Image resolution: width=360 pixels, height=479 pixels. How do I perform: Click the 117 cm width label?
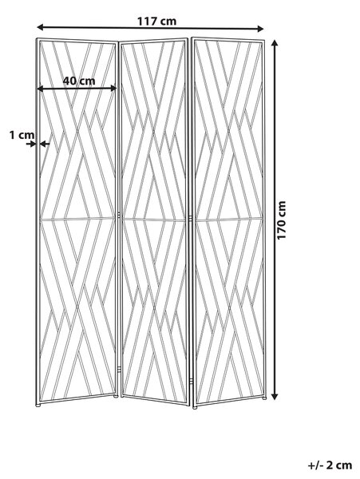[x=156, y=21]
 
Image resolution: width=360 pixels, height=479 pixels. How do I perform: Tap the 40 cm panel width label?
[x=79, y=81]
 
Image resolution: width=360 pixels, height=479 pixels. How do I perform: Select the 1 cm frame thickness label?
[x=22, y=134]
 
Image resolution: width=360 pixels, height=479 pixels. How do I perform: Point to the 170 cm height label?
[x=281, y=220]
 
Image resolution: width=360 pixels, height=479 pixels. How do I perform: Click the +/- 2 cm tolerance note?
[x=330, y=465]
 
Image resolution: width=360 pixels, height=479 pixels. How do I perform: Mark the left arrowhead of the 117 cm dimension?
[x=40, y=27]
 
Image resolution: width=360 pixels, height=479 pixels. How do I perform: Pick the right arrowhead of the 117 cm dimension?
[x=260, y=29]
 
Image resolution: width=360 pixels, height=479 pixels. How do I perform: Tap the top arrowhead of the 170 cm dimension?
[x=275, y=43]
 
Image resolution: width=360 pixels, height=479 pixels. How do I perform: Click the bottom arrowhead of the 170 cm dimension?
[x=275, y=396]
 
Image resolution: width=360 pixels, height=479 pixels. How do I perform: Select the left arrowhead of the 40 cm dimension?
[x=40, y=89]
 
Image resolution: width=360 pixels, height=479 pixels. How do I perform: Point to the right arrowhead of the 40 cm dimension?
[x=113, y=89]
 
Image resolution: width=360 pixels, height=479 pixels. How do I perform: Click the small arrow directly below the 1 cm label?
[x=31, y=144]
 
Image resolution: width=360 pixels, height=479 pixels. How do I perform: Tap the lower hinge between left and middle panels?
[x=119, y=370]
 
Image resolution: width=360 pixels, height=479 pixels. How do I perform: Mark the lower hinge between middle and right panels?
[x=191, y=382]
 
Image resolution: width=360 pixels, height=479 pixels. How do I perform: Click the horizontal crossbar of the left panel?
[x=77, y=219]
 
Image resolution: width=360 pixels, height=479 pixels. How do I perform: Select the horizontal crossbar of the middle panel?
[x=153, y=220]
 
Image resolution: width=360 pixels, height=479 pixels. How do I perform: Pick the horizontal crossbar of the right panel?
[x=229, y=219]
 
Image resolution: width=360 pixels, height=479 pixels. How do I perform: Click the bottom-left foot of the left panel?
[x=38, y=406]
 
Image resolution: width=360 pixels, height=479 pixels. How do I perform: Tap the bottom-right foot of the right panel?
[x=264, y=398]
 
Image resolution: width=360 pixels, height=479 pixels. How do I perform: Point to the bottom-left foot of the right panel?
[x=195, y=407]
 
